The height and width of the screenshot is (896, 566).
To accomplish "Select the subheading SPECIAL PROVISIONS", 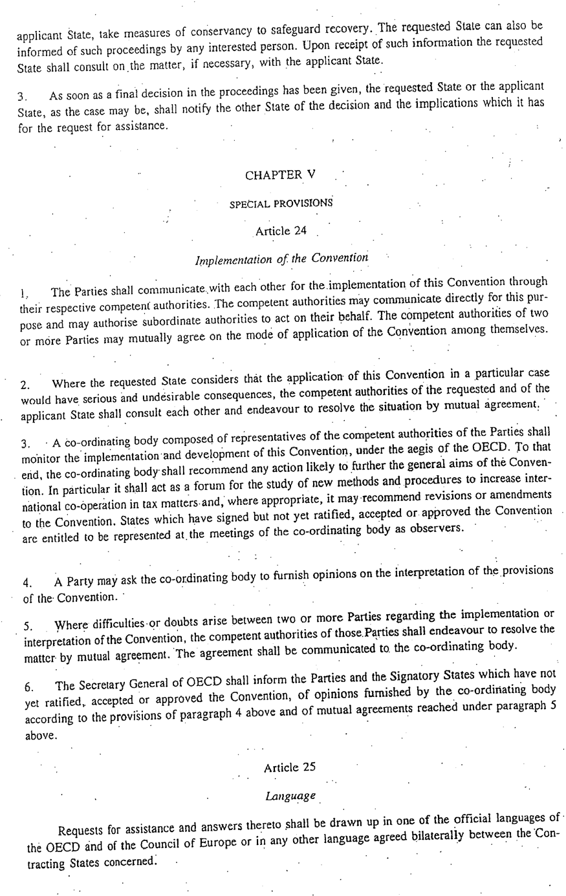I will click(x=281, y=203).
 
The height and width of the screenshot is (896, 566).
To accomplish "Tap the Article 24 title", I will click(x=281, y=231).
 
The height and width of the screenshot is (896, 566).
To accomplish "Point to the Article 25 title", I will click(x=290, y=767).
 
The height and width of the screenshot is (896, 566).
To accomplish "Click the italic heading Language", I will click(x=290, y=796).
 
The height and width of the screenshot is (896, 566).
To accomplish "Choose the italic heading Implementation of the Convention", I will click(x=281, y=259).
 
